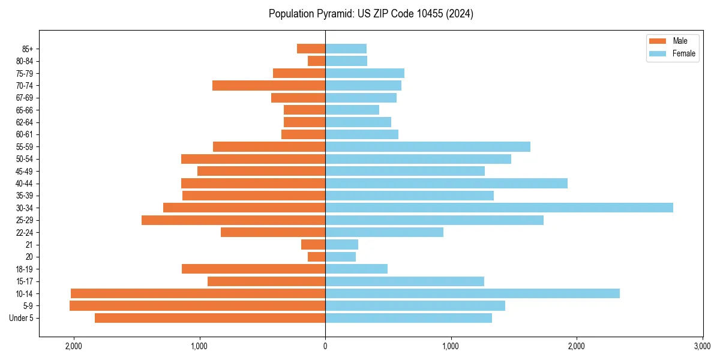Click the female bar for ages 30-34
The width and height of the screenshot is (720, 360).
pos(499,208)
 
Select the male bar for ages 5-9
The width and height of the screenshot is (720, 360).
pos(197,306)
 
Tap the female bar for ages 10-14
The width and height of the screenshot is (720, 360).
pos(472,293)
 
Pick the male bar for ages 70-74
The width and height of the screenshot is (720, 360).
pos(269,86)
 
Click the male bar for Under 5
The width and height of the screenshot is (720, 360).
pos(210,318)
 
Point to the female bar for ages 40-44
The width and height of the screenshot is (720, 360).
pos(446,184)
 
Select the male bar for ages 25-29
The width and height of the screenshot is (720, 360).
pos(233,220)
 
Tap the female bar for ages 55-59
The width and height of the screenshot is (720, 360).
pos(428,147)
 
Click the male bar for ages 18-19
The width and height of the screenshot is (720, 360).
pos(253,269)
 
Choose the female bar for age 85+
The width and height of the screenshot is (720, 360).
pos(346,49)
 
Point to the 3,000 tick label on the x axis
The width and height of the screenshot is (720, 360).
pos(702,346)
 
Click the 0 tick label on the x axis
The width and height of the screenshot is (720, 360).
pos(325,346)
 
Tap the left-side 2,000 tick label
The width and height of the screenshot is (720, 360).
pos(74,346)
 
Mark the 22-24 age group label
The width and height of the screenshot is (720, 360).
pos(25,232)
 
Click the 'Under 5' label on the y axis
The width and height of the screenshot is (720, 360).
pos(22,318)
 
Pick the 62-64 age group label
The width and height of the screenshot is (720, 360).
pos(25,122)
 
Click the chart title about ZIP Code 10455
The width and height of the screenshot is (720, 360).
pos(371,14)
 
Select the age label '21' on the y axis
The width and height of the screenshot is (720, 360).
pos(29,245)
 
